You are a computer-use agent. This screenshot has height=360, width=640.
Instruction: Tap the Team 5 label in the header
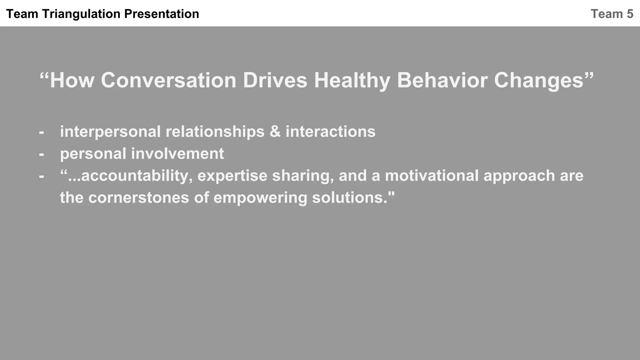click(x=612, y=14)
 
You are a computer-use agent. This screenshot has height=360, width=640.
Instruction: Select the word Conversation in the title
click(x=168, y=80)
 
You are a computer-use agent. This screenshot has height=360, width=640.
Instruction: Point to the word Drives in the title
click(x=275, y=80)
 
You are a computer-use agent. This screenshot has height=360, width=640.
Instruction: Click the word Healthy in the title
click(x=352, y=80)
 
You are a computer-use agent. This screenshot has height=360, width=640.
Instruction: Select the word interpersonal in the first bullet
click(x=110, y=132)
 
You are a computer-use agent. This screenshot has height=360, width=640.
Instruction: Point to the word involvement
click(x=177, y=154)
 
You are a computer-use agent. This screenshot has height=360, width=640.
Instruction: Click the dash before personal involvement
click(x=42, y=154)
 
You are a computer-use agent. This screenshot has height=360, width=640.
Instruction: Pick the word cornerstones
click(x=138, y=198)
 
